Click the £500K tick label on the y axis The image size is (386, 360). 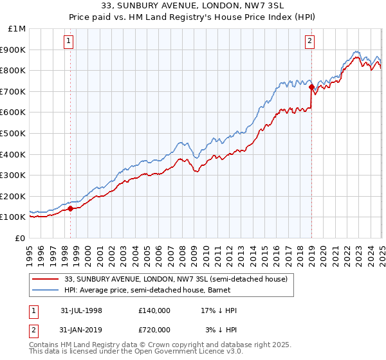click(13, 133)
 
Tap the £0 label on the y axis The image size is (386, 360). click(21, 238)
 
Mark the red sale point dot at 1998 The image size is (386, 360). click(71, 208)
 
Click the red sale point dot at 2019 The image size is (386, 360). click(311, 87)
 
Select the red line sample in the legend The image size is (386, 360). click(46, 279)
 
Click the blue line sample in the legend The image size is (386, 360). click(46, 290)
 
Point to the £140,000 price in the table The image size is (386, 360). click(154, 310)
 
